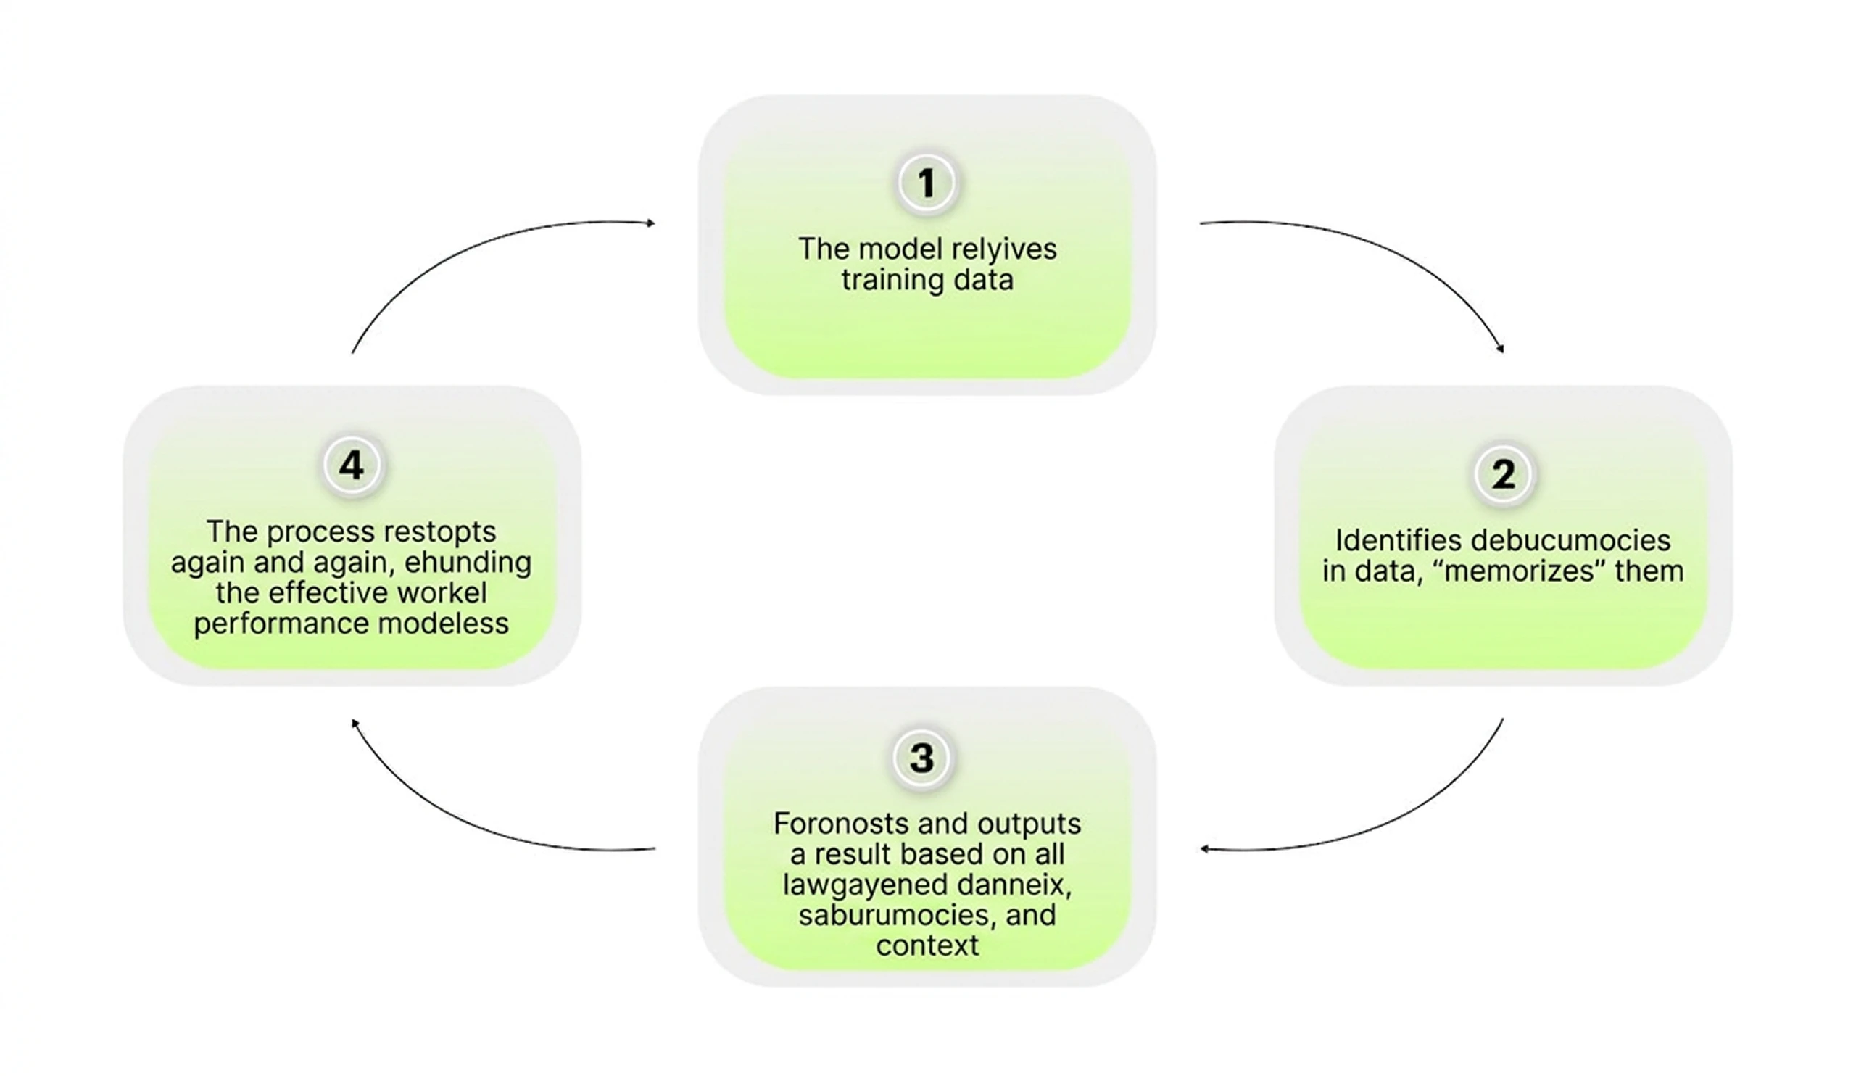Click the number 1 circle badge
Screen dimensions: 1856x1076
click(x=927, y=183)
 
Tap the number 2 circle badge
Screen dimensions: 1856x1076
click(x=1503, y=474)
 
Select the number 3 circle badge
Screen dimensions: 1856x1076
click(x=922, y=758)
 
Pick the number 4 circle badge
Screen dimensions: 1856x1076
click(x=352, y=465)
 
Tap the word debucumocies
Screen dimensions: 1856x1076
click(x=1571, y=541)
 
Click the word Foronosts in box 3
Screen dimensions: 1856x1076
click(x=838, y=824)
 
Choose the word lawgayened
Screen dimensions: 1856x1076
click(x=861, y=885)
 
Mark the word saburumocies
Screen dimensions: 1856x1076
click(x=891, y=916)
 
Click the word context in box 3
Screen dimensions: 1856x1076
click(x=927, y=946)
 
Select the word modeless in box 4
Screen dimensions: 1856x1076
click(x=447, y=624)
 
